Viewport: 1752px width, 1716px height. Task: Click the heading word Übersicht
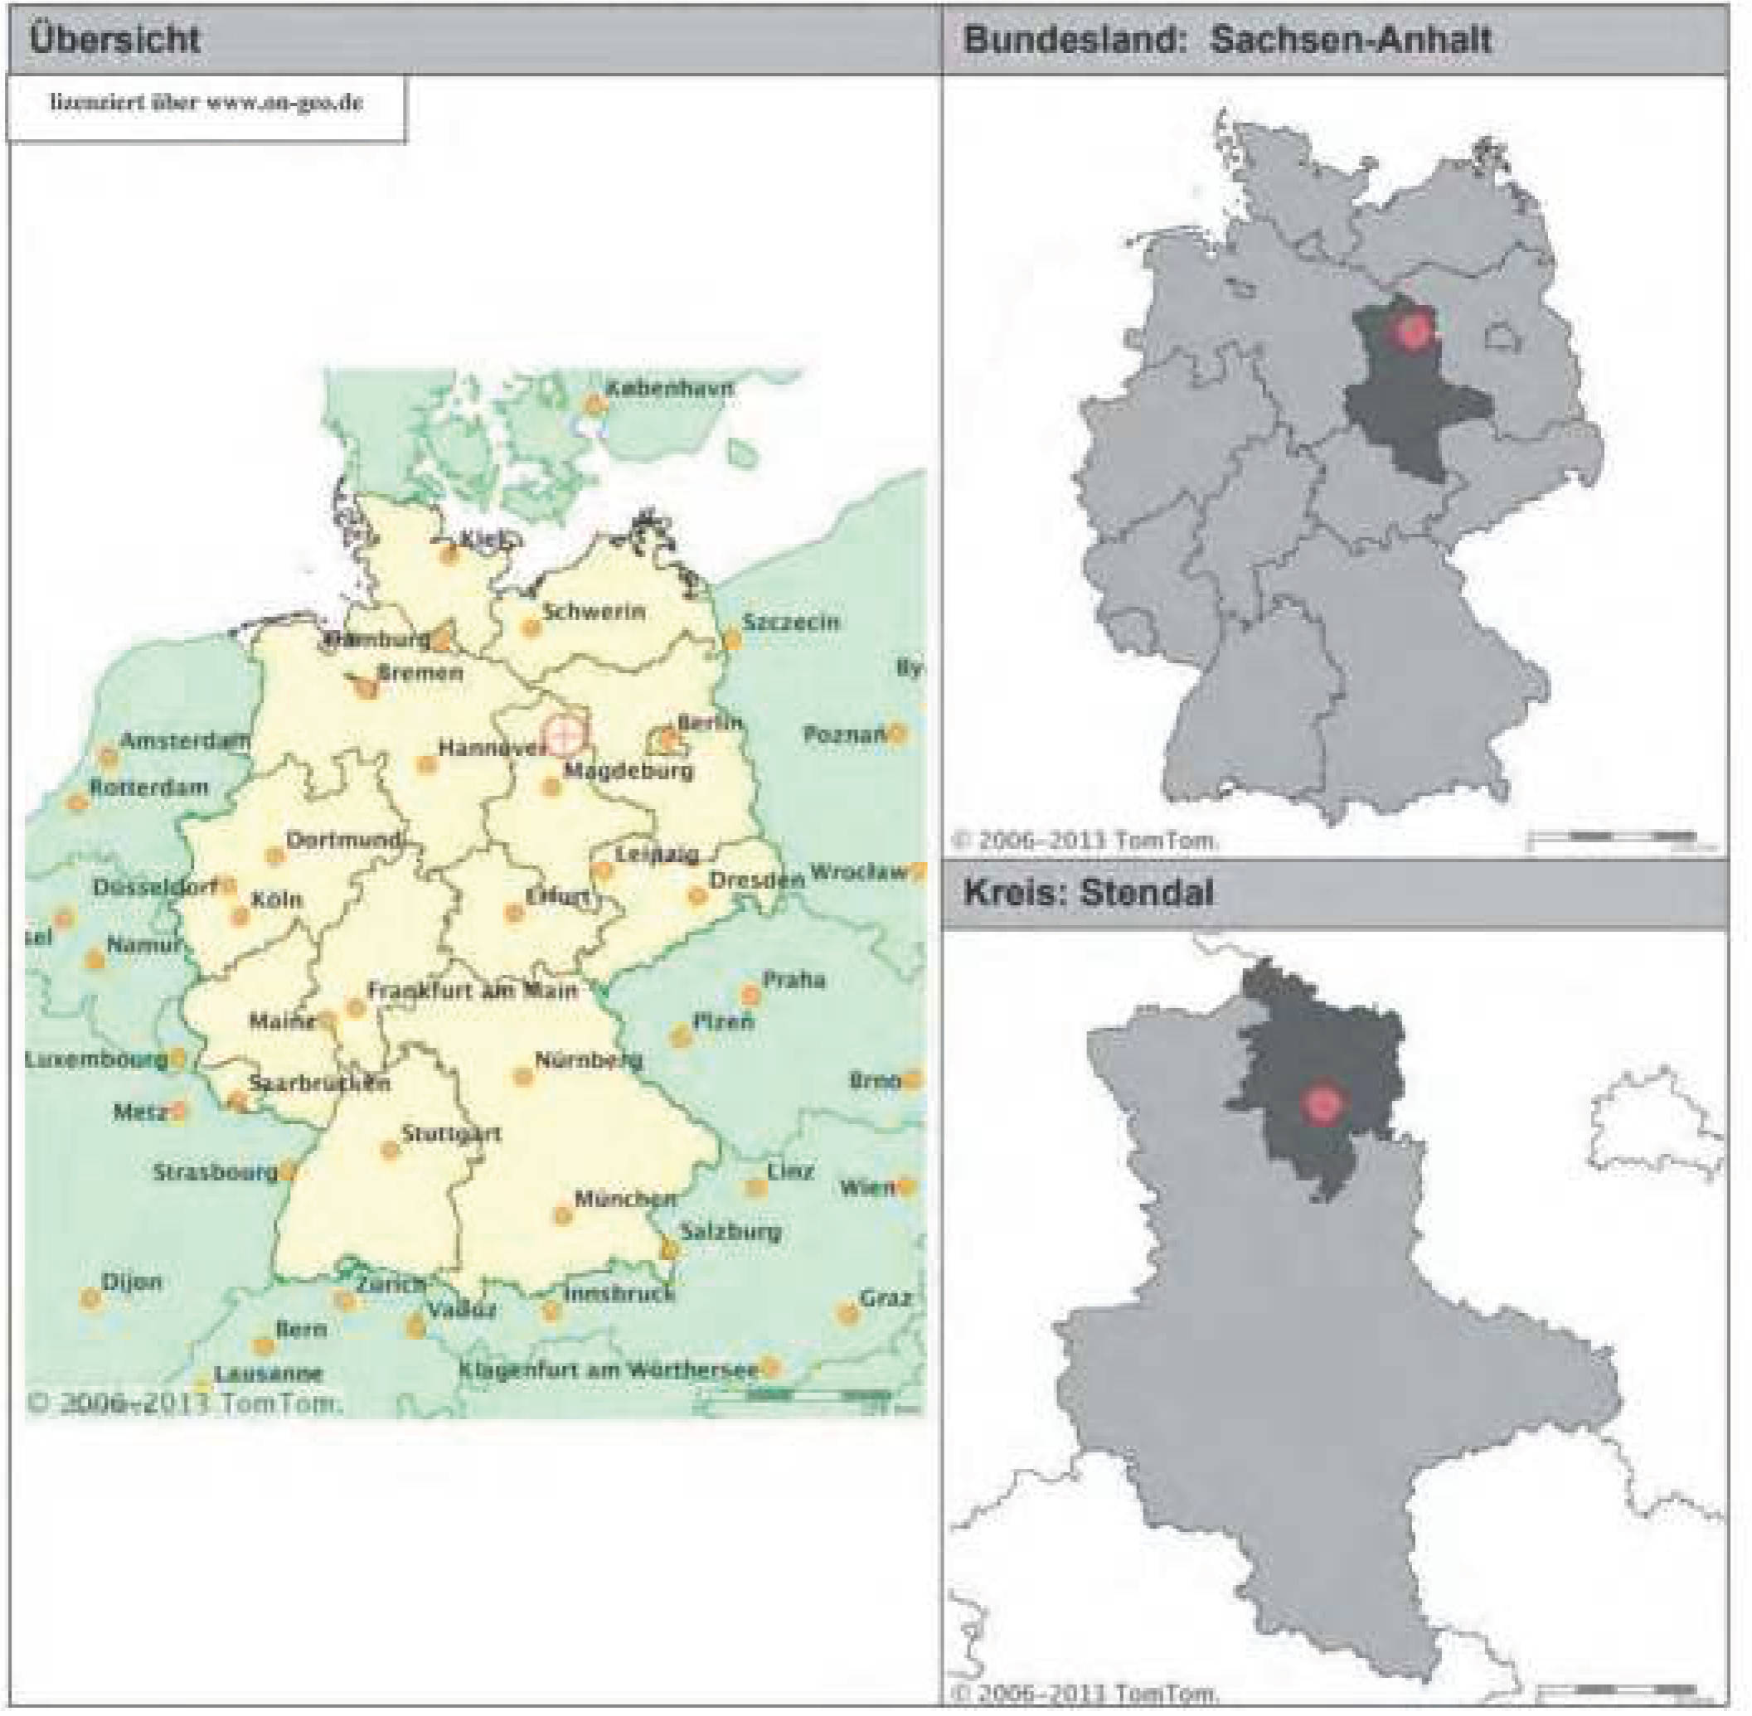click(114, 40)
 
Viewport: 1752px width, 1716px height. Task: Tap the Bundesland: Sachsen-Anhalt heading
click(1226, 40)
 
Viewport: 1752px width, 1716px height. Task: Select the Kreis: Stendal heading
click(1088, 892)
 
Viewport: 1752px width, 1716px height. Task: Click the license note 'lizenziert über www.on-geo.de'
click(206, 103)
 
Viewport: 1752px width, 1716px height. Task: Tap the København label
click(669, 389)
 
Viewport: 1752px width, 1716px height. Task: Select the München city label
click(624, 1199)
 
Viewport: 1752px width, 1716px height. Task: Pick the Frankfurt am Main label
click(471, 991)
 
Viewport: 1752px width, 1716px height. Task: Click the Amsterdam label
click(185, 742)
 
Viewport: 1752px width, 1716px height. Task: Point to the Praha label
click(793, 980)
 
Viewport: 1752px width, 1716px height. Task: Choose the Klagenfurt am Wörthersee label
click(608, 1370)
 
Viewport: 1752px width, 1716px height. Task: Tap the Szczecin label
click(790, 622)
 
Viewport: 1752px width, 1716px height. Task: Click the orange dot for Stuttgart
click(390, 1151)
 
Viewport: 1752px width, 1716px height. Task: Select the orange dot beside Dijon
click(90, 1299)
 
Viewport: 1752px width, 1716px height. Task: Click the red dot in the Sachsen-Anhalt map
click(1412, 331)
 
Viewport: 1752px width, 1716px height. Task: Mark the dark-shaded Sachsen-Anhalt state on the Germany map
click(1406, 405)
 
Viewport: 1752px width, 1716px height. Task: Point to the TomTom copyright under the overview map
click(185, 1403)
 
